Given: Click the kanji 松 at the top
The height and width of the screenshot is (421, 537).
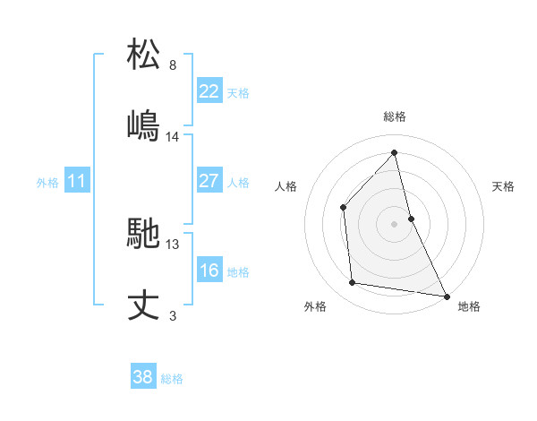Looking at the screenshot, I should click(144, 54).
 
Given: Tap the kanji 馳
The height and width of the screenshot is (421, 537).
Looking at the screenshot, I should click(144, 235).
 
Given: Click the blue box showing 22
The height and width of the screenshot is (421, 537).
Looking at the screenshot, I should click(209, 90).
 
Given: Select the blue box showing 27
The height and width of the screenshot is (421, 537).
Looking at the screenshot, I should click(209, 181).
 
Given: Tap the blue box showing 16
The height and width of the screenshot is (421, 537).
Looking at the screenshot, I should click(209, 271).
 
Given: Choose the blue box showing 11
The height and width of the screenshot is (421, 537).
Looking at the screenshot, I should click(77, 181).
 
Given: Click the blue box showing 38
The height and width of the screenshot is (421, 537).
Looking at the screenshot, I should click(143, 377).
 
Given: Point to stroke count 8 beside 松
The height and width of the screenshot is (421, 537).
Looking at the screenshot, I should click(173, 65).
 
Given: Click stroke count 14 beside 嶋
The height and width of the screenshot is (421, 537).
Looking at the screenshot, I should click(173, 136).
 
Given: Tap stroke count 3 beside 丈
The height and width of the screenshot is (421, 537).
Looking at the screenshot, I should click(173, 316).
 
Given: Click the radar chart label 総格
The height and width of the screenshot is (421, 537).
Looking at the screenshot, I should click(395, 116).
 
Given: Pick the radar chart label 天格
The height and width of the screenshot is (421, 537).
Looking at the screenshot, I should click(503, 186).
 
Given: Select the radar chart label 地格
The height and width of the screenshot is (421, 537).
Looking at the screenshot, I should click(469, 307).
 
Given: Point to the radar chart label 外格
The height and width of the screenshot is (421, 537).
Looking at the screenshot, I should click(315, 307).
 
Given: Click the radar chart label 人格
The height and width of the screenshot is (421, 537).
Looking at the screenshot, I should click(286, 186).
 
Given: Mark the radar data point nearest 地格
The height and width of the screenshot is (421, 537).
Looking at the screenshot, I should click(445, 296).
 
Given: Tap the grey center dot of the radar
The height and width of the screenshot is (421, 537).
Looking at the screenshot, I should click(395, 224).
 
